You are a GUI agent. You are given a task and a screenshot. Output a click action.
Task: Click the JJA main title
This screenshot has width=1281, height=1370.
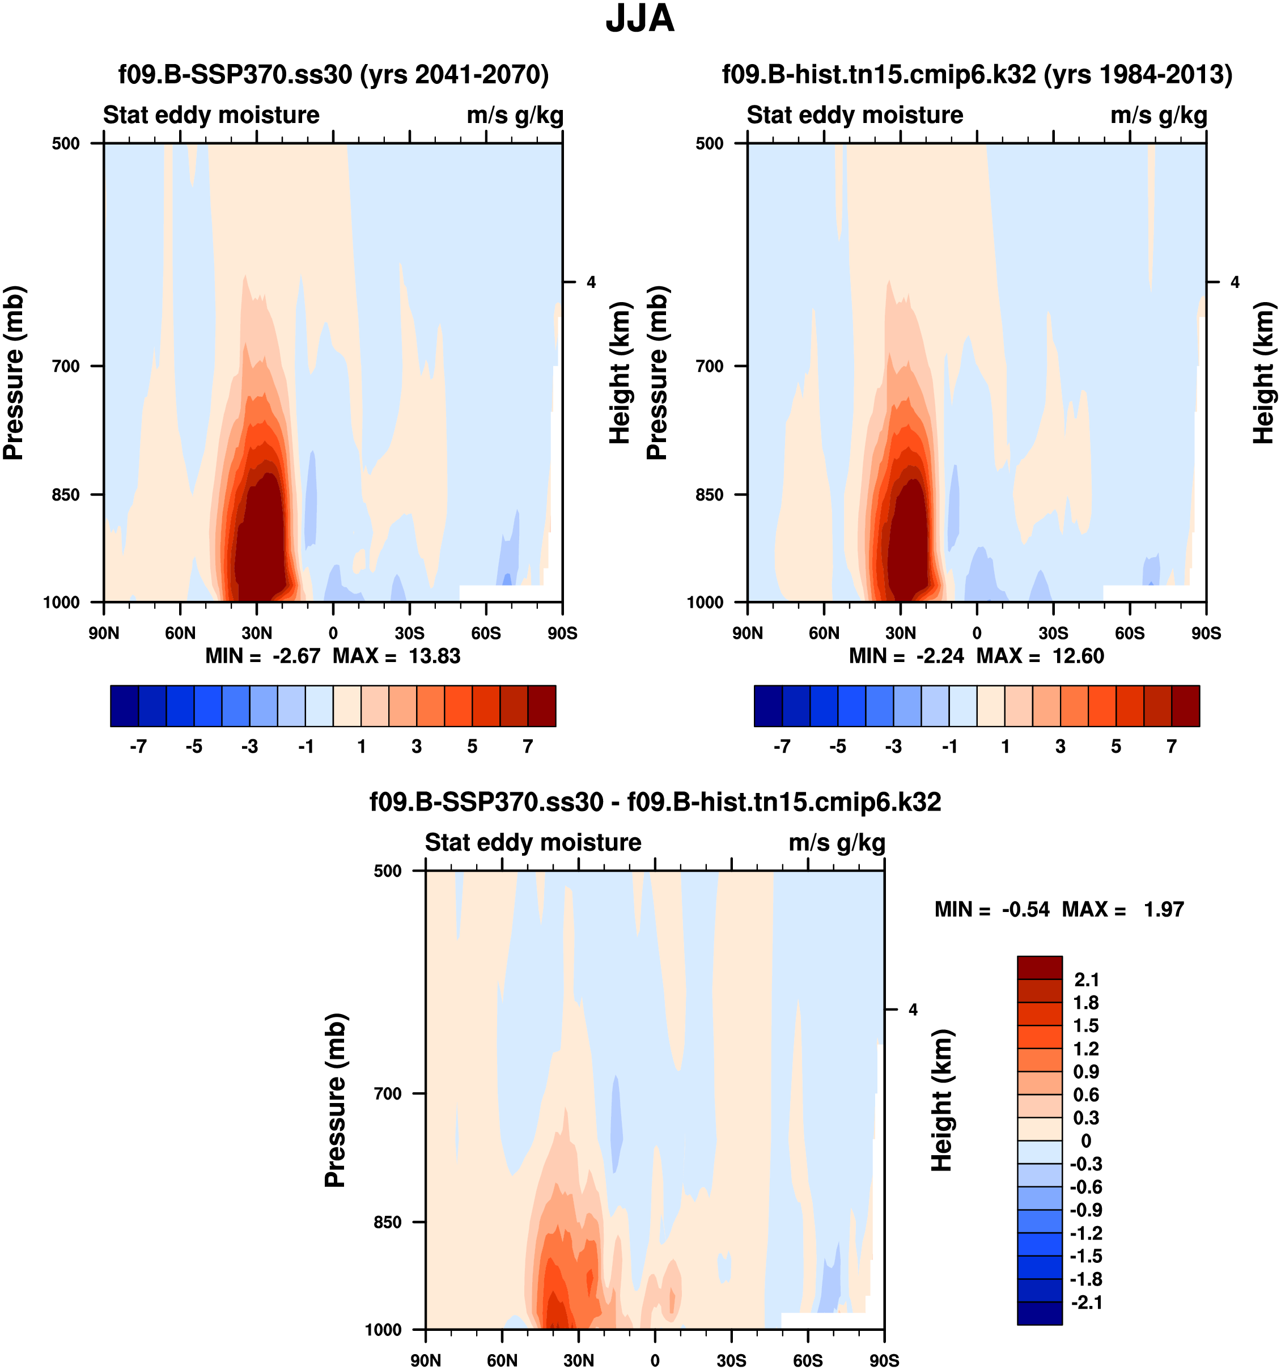tap(639, 19)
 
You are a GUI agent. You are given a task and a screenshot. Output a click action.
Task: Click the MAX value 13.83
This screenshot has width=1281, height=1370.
tap(434, 655)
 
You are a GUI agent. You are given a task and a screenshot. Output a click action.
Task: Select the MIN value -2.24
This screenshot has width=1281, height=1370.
tap(940, 655)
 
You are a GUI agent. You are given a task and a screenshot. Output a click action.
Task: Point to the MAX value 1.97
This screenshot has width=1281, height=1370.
tap(1163, 909)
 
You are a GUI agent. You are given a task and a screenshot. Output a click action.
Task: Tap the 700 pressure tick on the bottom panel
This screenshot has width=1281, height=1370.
tap(388, 1093)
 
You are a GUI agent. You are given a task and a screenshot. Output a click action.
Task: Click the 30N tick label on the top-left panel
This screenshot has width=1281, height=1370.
tap(256, 633)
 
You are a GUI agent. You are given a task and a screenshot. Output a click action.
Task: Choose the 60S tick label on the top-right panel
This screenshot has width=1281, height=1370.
tap(1130, 633)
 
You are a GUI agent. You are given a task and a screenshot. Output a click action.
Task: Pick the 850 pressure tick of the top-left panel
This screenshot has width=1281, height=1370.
tap(66, 494)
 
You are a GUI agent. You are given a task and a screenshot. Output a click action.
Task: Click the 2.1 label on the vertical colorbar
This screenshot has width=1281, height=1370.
tap(1087, 980)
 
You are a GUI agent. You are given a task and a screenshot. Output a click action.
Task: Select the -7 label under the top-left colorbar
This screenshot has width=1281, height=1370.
tap(138, 746)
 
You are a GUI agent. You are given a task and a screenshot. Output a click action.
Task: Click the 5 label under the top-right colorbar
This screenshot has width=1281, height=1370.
tap(1116, 746)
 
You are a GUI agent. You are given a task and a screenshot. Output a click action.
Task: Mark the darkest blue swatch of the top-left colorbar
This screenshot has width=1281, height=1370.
tap(124, 706)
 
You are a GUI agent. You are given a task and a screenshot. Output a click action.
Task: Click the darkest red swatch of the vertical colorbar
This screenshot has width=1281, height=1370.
tap(1039, 968)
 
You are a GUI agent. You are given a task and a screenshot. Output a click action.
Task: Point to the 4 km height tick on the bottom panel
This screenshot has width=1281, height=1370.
tap(913, 1010)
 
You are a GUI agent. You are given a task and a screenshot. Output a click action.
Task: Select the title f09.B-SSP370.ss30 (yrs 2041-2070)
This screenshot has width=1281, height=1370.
tap(333, 74)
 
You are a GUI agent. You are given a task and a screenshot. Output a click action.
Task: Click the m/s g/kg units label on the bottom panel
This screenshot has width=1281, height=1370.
tap(837, 842)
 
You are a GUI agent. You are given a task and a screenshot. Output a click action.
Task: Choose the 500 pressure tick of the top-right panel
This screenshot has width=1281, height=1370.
tap(710, 143)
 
